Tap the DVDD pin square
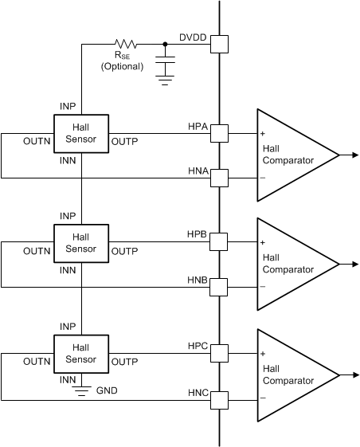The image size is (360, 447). [x=219, y=45]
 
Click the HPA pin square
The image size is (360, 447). [x=219, y=133]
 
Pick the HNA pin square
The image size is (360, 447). [x=219, y=177]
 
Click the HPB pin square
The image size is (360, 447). [x=219, y=242]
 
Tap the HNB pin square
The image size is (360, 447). [x=219, y=286]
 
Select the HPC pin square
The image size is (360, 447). [x=219, y=353]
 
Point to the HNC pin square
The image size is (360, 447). [x=219, y=398]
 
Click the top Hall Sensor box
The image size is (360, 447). [x=80, y=133]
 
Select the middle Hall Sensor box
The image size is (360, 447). [x=80, y=242]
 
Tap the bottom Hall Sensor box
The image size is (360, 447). [x=80, y=353]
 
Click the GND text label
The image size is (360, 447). [x=106, y=392]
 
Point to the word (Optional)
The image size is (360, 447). [x=122, y=67]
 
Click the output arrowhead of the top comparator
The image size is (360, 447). [x=353, y=155]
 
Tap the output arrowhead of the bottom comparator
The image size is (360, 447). [x=353, y=374]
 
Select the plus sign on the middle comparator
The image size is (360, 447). [x=262, y=242]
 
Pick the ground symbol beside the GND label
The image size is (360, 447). [x=80, y=390]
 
